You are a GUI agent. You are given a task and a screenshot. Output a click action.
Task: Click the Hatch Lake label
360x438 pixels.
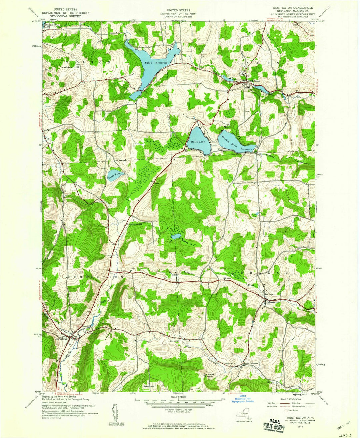(197, 142)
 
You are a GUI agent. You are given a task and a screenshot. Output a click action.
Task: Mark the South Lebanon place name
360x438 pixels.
(251, 363)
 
